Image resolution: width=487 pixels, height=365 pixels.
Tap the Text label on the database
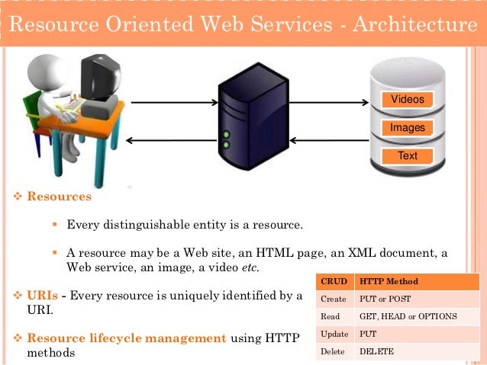408,156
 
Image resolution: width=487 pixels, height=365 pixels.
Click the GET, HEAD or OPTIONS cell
408,316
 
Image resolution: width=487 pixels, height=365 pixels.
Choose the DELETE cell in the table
377,351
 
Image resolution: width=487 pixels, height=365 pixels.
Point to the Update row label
334,334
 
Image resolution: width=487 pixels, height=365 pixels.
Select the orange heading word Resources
59,197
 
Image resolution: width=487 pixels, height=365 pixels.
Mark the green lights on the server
226,139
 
